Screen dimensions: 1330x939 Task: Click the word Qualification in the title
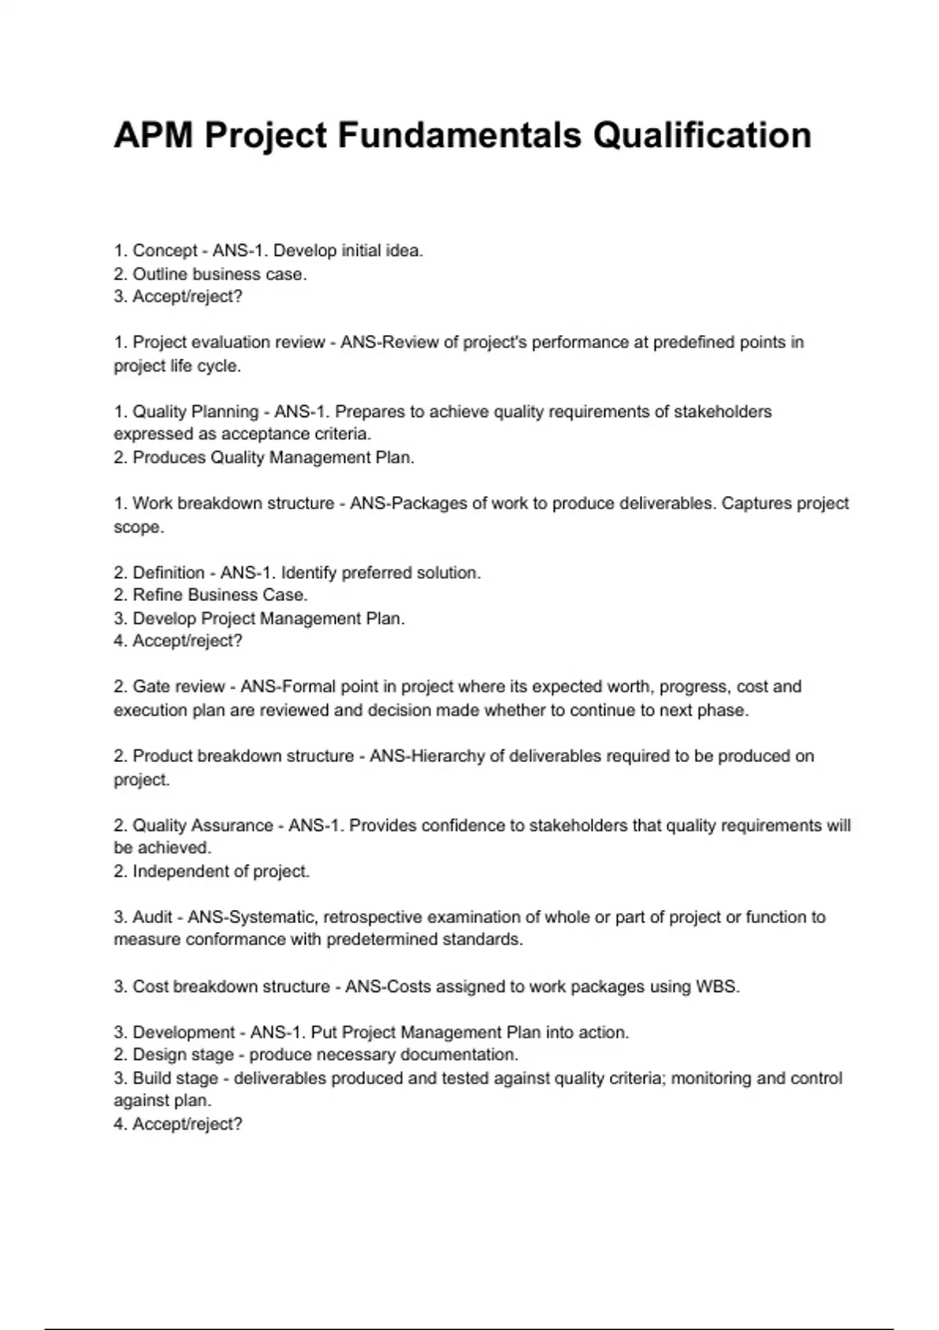pyautogui.click(x=702, y=135)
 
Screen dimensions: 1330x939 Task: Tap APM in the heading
pyautogui.click(x=153, y=135)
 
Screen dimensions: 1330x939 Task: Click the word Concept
pyautogui.click(x=165, y=251)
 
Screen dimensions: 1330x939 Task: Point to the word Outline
pyautogui.click(x=160, y=275)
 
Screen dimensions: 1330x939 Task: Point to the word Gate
pyautogui.click(x=151, y=687)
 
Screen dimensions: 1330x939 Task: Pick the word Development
pyautogui.click(x=184, y=1033)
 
